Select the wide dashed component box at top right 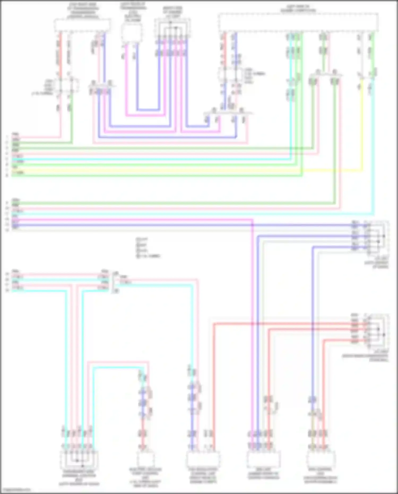pyautogui.click(x=298, y=23)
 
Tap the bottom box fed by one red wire pyautogui.click(x=146, y=459)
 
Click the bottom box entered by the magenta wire pyautogui.click(x=263, y=459)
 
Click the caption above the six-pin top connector pyautogui.click(x=172, y=12)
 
